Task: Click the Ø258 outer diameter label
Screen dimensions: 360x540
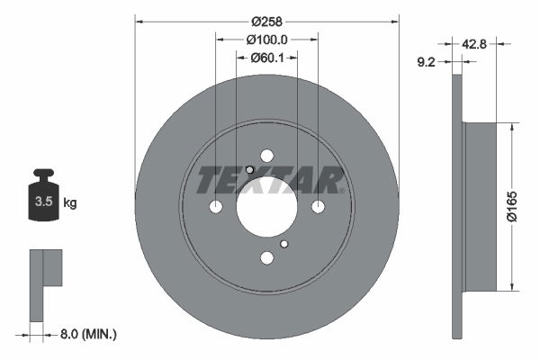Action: pyautogui.click(x=266, y=21)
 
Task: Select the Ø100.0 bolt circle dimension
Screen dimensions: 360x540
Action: pyautogui.click(x=266, y=40)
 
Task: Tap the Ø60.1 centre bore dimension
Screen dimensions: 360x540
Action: pyautogui.click(x=266, y=58)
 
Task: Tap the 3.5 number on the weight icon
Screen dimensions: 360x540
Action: pyautogui.click(x=43, y=202)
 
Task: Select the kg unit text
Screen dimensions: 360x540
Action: pyautogui.click(x=70, y=203)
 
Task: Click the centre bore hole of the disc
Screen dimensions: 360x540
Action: pyautogui.click(x=266, y=206)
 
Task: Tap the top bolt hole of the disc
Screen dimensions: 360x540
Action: pyautogui.click(x=266, y=155)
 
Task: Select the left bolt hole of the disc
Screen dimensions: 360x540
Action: pyautogui.click(x=215, y=207)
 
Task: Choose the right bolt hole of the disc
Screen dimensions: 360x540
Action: pyautogui.click(x=318, y=207)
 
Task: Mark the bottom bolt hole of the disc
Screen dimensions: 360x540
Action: pyautogui.click(x=266, y=258)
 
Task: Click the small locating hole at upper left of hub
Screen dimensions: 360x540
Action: pyautogui.click(x=249, y=170)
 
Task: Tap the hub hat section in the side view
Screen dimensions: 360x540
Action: pyautogui.click(x=479, y=207)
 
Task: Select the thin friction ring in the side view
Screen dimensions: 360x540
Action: pyautogui.click(x=456, y=207)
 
